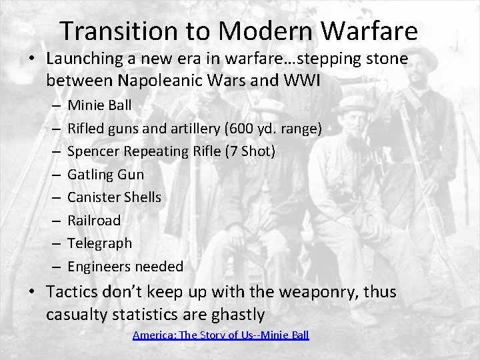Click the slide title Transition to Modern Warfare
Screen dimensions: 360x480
239,31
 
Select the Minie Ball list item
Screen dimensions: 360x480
100,105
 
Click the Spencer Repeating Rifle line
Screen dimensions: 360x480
171,151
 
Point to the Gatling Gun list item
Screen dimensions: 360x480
106,174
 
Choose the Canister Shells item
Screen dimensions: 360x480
115,197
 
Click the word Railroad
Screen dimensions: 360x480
95,221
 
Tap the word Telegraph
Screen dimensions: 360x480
100,243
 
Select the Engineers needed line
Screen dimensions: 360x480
125,267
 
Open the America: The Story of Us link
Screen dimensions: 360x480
221,335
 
